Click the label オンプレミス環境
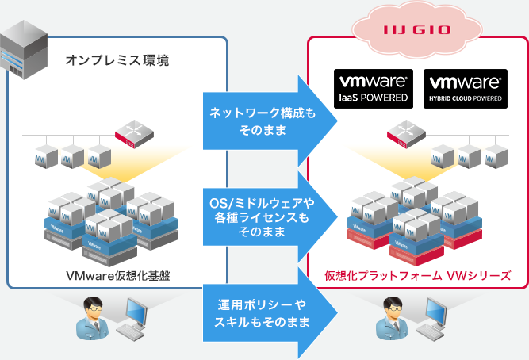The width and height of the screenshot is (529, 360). [x=117, y=60]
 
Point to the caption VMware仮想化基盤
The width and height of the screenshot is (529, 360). [x=119, y=276]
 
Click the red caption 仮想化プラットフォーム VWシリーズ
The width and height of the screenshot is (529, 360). [x=416, y=276]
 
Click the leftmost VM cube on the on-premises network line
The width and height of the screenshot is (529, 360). [x=44, y=155]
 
